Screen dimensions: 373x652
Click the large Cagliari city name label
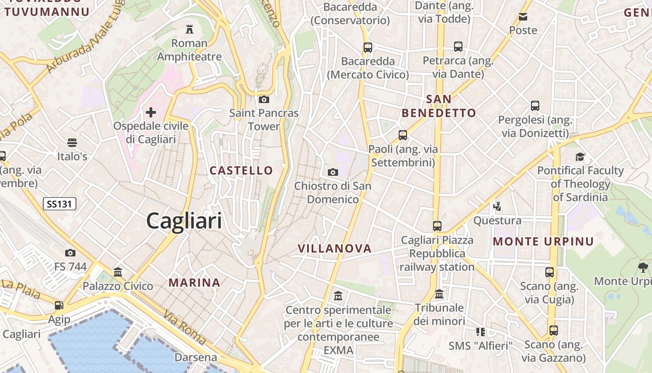point(184,220)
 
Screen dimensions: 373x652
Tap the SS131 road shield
point(60,204)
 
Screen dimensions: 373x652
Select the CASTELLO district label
point(241,171)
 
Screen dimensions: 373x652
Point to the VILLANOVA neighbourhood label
point(335,249)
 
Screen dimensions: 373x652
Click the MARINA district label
point(194,283)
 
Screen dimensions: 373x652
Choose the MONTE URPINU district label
point(543,242)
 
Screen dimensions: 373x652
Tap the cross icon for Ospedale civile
point(151,112)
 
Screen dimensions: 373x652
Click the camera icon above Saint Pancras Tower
point(264,100)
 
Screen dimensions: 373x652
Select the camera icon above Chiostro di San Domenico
point(333,173)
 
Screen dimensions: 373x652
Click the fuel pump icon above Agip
point(59,306)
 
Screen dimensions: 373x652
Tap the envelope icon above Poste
point(523,17)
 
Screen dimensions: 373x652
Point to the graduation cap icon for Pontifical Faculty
point(580,157)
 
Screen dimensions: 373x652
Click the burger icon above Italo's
point(72,143)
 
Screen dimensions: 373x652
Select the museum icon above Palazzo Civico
point(118,272)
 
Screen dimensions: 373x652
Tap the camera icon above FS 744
point(70,253)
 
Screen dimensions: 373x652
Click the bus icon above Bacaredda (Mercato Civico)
point(368,48)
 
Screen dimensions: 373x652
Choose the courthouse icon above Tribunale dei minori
point(439,294)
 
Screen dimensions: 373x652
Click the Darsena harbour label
point(196,358)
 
